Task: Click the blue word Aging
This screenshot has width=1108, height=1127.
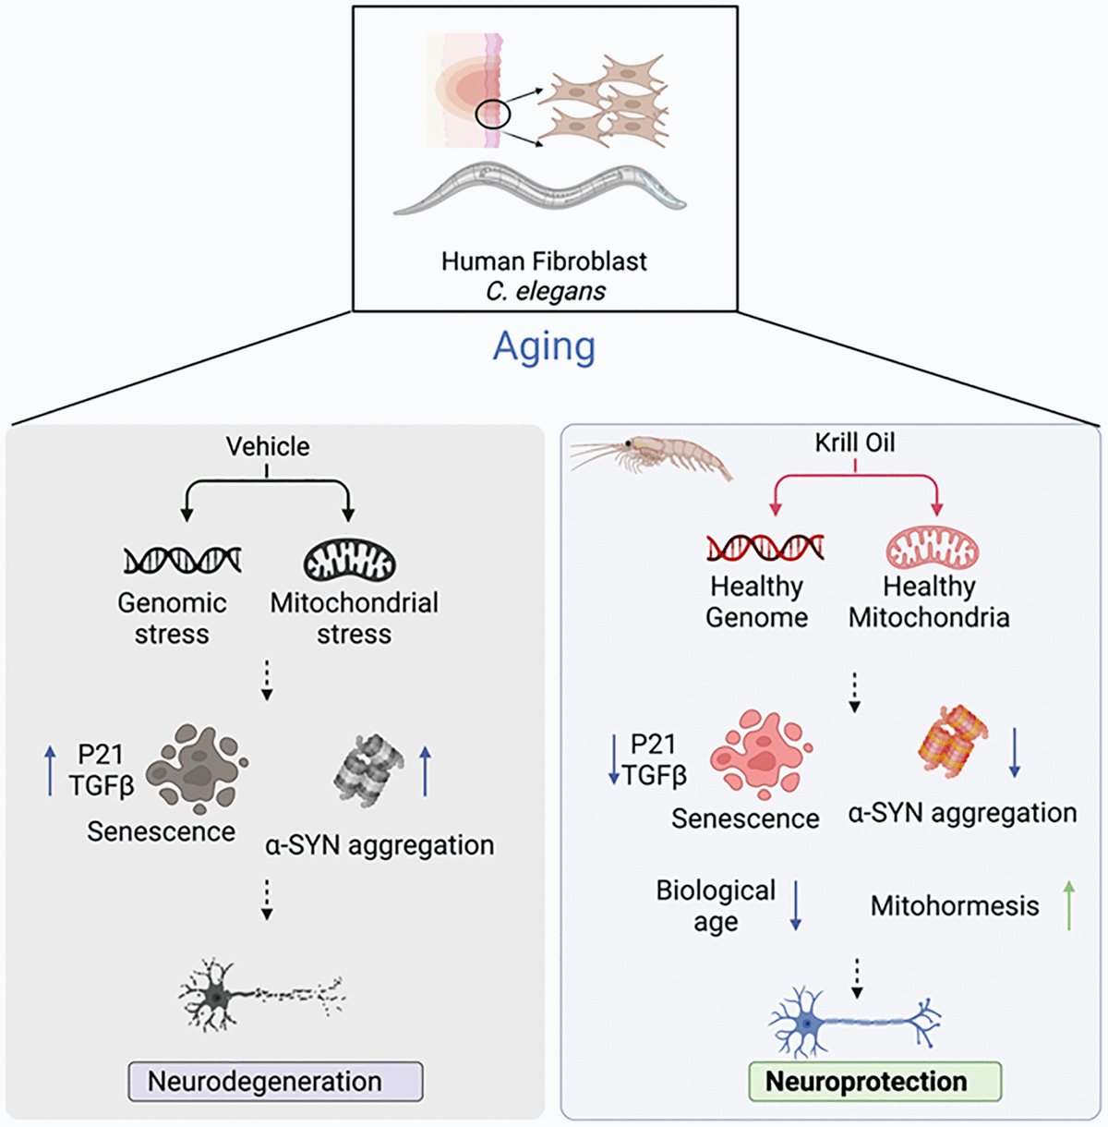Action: [x=544, y=347]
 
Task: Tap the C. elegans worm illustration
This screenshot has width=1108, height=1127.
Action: [x=540, y=188]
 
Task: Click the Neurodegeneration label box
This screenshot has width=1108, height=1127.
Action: [x=274, y=1081]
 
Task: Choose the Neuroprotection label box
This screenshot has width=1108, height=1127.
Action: [x=873, y=1081]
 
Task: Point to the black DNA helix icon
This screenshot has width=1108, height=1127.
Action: [x=182, y=560]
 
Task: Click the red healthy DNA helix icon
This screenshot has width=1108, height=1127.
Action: [x=765, y=548]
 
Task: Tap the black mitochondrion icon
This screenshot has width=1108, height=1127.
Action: [x=350, y=560]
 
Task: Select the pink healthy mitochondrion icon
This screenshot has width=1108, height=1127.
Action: [x=932, y=548]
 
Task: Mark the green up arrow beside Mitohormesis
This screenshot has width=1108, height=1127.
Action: [x=1069, y=905]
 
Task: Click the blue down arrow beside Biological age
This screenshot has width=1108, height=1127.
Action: [x=796, y=905]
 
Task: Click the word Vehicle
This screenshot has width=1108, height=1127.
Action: [x=268, y=447]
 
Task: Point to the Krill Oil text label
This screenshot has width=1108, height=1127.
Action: [x=855, y=442]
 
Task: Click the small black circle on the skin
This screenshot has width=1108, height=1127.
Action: [x=493, y=114]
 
